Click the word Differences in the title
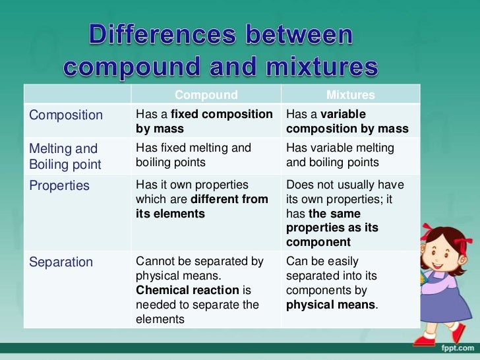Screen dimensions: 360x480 (x=165, y=35)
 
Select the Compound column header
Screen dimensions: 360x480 (x=206, y=95)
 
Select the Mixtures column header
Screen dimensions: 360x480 (x=350, y=95)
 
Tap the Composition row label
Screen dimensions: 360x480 (x=66, y=115)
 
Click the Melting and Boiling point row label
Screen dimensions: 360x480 (x=65, y=156)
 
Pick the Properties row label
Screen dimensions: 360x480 (x=59, y=186)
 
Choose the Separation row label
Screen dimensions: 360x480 (x=61, y=262)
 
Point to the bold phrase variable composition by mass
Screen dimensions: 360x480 (x=347, y=122)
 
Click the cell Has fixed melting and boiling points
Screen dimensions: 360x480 (x=193, y=155)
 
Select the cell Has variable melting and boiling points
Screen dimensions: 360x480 (x=340, y=155)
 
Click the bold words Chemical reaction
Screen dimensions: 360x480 (x=178, y=290)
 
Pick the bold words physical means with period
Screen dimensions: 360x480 (x=331, y=305)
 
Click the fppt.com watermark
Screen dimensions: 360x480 (x=458, y=347)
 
